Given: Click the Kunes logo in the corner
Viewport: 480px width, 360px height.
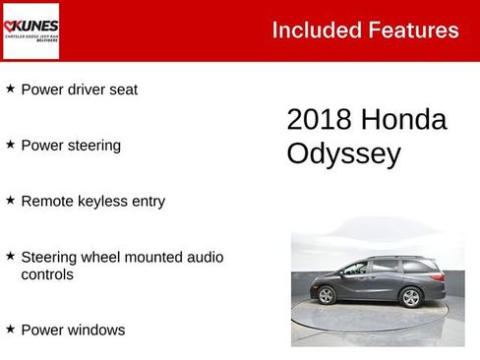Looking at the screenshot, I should pos(30,30).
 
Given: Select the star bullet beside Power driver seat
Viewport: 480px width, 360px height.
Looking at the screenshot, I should pos(11,89).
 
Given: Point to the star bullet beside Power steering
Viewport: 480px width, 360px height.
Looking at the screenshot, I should pos(11,145).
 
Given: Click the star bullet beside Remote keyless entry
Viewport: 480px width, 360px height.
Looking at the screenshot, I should pos(11,200).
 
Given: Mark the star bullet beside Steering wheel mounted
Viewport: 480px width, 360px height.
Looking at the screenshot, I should pos(11,256).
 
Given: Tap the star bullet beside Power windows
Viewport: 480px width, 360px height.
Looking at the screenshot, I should pos(11,330).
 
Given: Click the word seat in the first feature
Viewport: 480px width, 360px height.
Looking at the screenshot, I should pos(122,90).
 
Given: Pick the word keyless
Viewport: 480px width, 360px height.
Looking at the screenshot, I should pos(101,202).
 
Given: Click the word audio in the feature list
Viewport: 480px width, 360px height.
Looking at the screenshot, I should pos(205,257).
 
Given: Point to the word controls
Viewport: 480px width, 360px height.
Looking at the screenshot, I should pos(48,274).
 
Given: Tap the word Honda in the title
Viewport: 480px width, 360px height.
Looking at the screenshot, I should pos(404,120).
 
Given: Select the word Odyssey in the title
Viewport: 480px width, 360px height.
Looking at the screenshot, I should pos(343,154).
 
